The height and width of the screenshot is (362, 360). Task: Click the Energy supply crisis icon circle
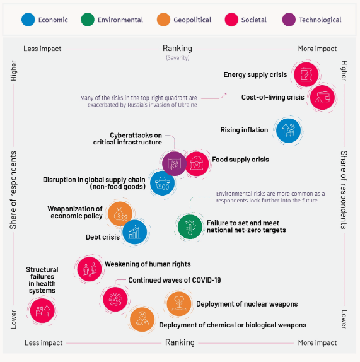click(x=306, y=74)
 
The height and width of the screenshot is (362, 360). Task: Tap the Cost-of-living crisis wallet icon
click(x=322, y=97)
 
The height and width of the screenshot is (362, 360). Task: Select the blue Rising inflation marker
click(x=289, y=131)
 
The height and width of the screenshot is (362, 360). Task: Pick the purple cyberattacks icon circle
click(x=174, y=164)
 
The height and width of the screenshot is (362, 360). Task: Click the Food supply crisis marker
click(x=197, y=164)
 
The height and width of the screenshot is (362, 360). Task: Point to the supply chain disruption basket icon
click(x=163, y=183)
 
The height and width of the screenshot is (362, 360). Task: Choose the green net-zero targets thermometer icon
click(x=190, y=226)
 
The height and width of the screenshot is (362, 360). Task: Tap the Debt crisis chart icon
click(x=134, y=232)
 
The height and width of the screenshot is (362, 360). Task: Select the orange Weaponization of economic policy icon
click(x=120, y=214)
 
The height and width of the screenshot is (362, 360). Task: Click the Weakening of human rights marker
click(x=90, y=269)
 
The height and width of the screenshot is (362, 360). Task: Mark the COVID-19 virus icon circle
click(x=115, y=300)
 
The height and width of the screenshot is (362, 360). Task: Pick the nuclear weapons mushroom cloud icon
click(x=179, y=304)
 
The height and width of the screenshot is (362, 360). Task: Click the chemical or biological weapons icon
click(x=142, y=320)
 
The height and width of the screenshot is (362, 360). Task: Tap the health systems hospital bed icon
click(x=42, y=310)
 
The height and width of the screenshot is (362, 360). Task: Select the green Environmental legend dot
click(x=88, y=20)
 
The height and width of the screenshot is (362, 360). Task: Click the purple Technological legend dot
click(x=289, y=20)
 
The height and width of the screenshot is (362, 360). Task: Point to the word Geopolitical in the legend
click(x=192, y=20)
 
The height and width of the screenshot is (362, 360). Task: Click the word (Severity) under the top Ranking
click(x=178, y=58)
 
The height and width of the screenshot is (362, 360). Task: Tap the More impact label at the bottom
click(x=317, y=343)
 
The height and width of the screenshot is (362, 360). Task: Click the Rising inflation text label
click(x=244, y=130)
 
